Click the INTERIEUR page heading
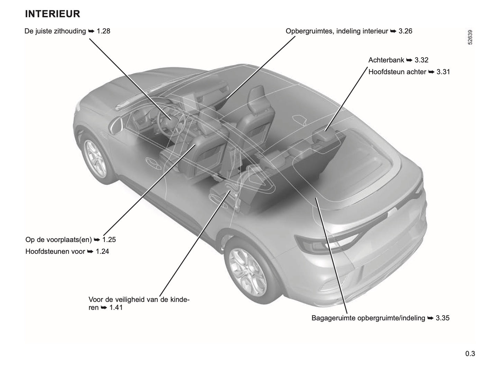(x=53, y=14)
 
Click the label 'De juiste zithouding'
(x=55, y=31)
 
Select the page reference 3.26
(x=405, y=31)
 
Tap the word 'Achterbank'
(x=386, y=60)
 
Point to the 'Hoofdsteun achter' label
(x=397, y=72)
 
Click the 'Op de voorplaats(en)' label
(x=58, y=240)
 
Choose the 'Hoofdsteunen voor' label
(x=55, y=251)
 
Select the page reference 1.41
(x=116, y=307)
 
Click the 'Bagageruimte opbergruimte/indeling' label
(x=368, y=318)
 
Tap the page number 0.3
(x=470, y=354)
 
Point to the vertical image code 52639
(x=470, y=37)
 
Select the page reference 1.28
(x=103, y=31)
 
